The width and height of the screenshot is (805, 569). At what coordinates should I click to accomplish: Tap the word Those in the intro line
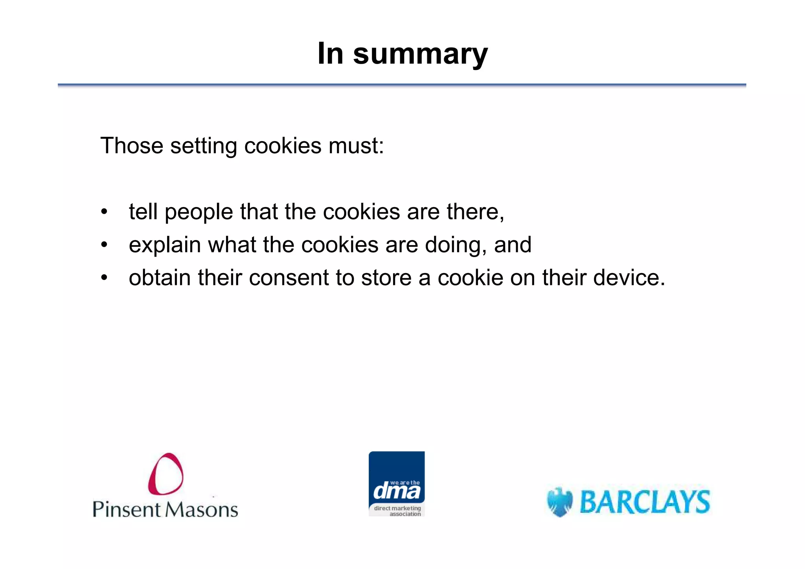(132, 146)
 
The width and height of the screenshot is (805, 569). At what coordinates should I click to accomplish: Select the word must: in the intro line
(356, 146)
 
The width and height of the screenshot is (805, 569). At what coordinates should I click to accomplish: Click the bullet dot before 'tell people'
(104, 212)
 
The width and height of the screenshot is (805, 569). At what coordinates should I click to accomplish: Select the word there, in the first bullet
(475, 212)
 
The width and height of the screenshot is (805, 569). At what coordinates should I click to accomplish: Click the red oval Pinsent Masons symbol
(165, 474)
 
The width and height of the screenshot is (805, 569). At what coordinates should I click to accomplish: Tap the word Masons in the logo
(201, 510)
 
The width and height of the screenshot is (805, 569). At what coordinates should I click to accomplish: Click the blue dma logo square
(396, 477)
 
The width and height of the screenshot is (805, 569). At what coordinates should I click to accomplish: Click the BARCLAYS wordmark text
(645, 502)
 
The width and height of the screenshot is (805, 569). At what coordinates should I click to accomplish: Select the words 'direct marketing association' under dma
(397, 511)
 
